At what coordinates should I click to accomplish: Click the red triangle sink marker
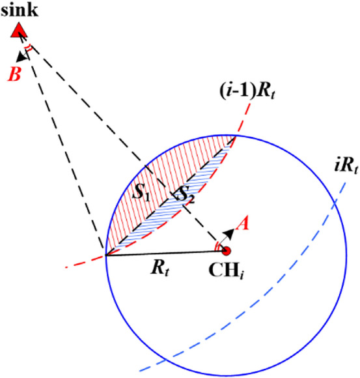[x=20, y=29]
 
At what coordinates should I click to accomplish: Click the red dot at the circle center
[x=227, y=250]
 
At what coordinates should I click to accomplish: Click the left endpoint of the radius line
[x=106, y=255]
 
